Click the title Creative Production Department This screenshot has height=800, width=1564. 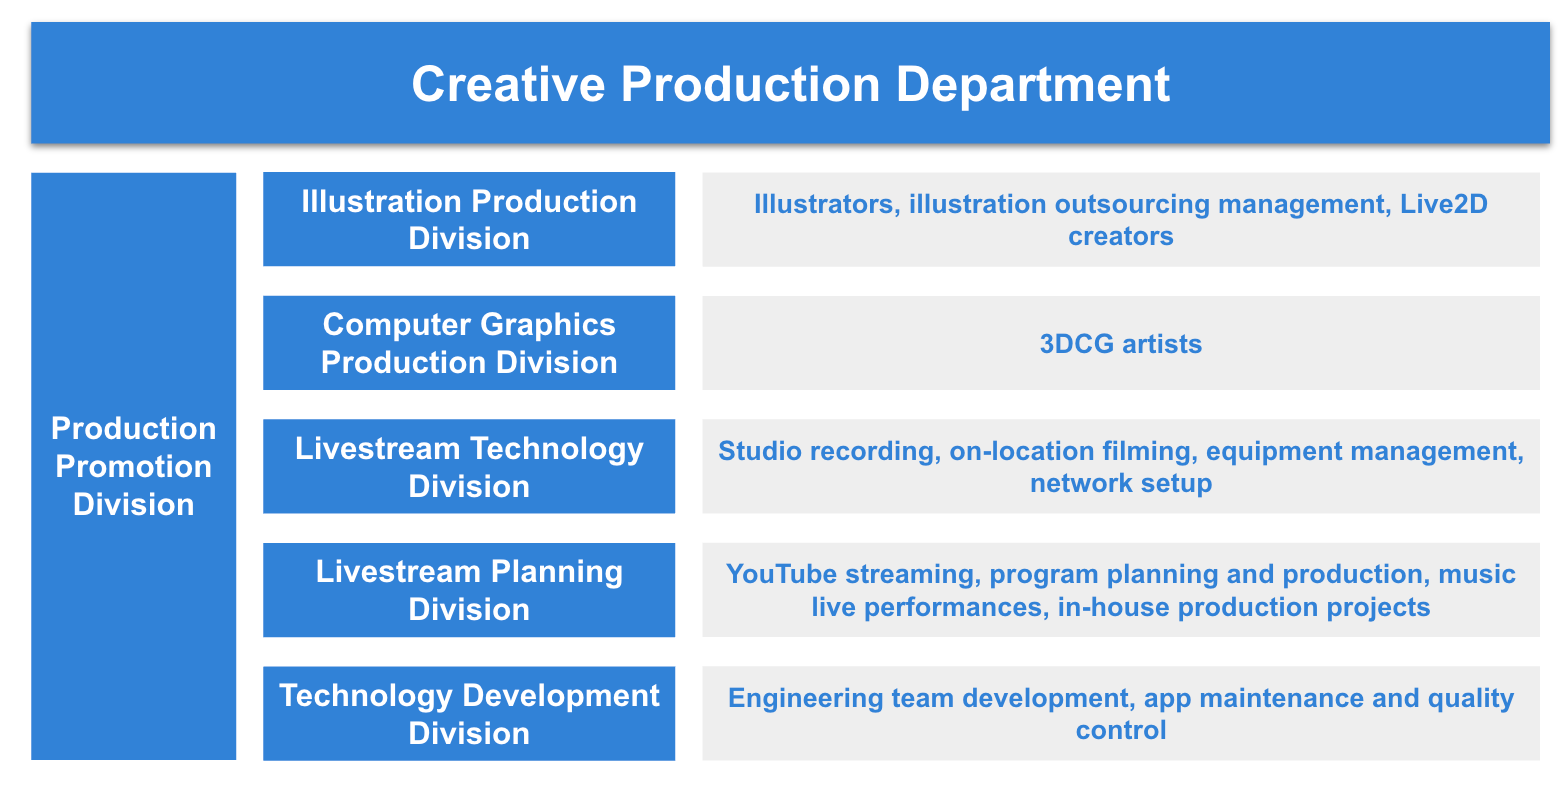point(790,84)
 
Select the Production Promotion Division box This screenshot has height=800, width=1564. point(133,466)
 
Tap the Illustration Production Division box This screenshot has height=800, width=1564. point(469,219)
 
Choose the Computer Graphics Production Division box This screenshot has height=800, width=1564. point(469,343)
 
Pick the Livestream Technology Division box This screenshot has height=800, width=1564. point(469,466)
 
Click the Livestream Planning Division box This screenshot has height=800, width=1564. point(469,590)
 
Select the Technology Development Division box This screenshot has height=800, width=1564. point(469,713)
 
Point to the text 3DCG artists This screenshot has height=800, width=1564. point(1121,344)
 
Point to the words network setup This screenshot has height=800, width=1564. point(1121,483)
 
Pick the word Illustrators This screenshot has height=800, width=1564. point(827,204)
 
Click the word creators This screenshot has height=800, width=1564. point(1121,237)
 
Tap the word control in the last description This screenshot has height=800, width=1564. point(1121,730)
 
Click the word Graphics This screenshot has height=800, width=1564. point(548,326)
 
